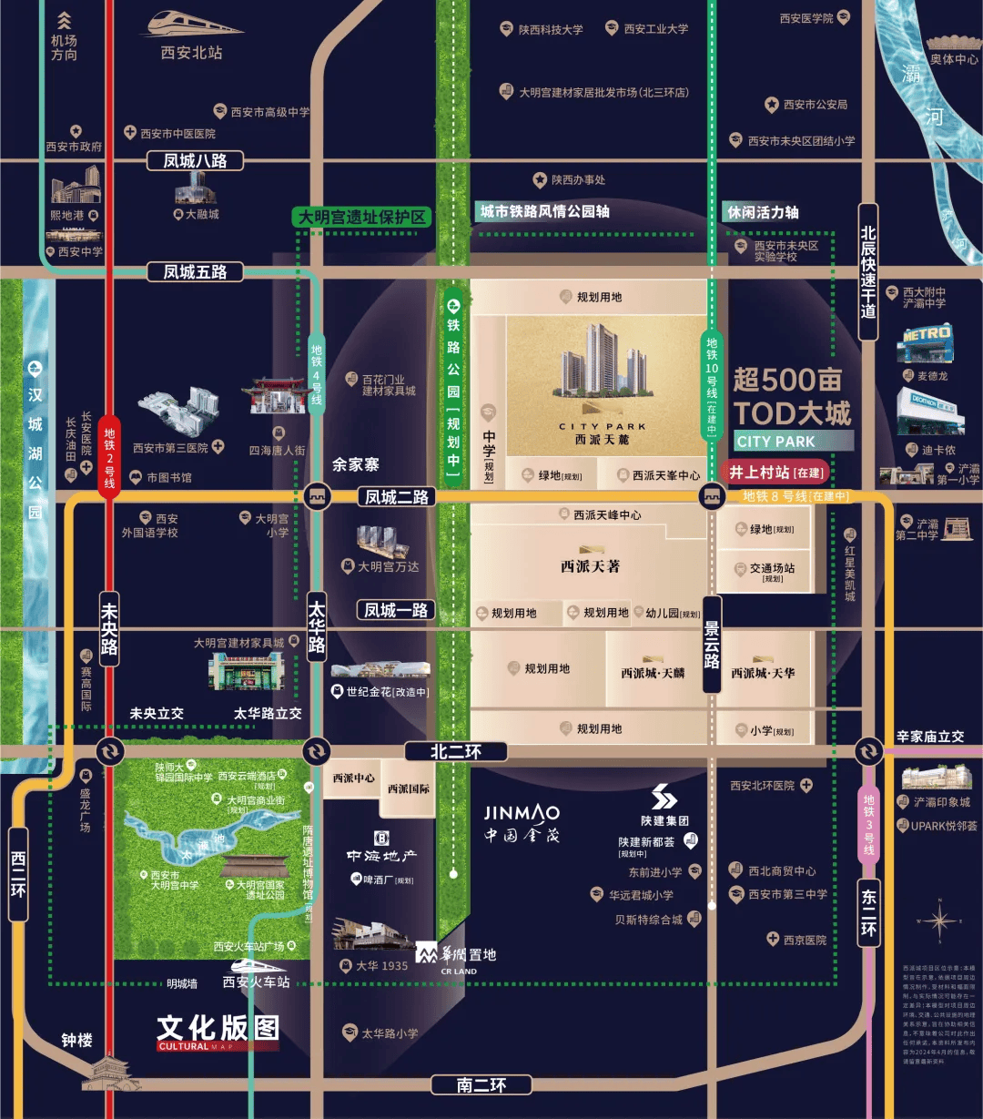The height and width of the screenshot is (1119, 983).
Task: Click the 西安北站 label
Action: (191, 53)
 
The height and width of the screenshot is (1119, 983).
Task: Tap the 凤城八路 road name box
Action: (195, 161)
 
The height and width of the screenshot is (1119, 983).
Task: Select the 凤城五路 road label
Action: (195, 271)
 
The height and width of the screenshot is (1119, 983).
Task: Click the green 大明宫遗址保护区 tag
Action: (362, 217)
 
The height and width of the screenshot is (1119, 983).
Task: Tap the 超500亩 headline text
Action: (787, 380)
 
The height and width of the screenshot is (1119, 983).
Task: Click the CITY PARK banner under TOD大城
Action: (794, 442)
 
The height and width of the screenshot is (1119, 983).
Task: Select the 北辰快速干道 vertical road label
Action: (868, 272)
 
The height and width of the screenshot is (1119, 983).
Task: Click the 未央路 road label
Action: (109, 628)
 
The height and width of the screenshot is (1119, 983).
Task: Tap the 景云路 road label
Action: (712, 645)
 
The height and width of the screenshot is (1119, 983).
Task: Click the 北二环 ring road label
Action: (455, 751)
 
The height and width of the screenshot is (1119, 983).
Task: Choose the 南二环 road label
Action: (481, 1084)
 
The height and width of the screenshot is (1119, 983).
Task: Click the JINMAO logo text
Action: (522, 813)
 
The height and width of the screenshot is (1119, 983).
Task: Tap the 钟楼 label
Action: (76, 1040)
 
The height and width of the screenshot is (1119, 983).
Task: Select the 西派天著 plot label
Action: (590, 565)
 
